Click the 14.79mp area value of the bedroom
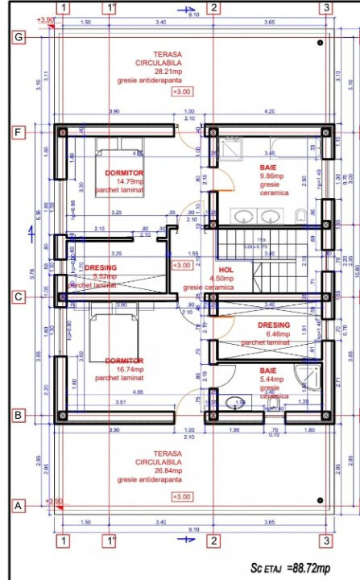(124, 182)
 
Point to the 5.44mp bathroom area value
(269, 378)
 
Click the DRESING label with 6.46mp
(268, 325)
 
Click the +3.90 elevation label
(47, 19)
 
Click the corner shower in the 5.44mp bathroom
(307, 378)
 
